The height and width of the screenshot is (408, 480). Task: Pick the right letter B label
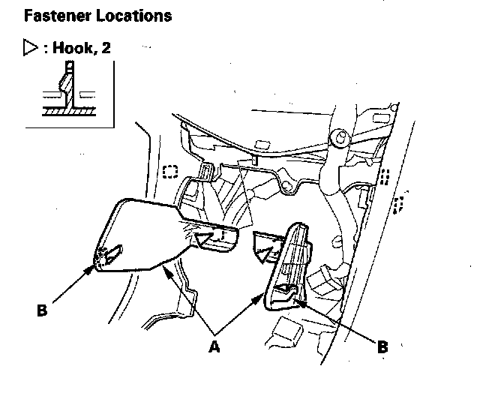[382, 346]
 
